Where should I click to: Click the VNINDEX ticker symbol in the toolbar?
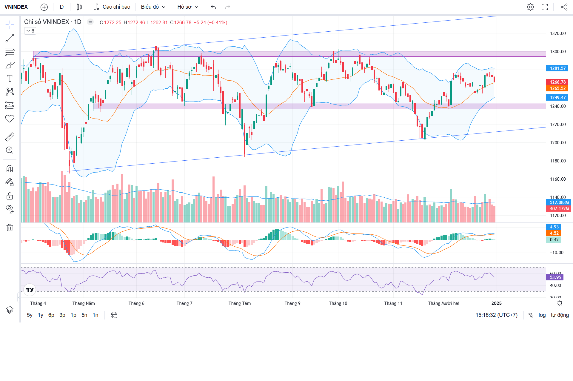pyautogui.click(x=16, y=7)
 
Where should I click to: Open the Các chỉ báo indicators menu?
pyautogui.click(x=112, y=7)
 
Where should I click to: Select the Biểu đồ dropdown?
pyautogui.click(x=153, y=7)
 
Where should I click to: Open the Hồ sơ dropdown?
pyautogui.click(x=188, y=7)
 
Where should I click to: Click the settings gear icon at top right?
pyautogui.click(x=530, y=7)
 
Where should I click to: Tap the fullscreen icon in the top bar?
pyautogui.click(x=545, y=7)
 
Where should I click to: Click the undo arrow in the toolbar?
pyautogui.click(x=213, y=7)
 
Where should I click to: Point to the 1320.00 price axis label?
pyautogui.click(x=558, y=33)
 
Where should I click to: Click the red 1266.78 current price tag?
pyautogui.click(x=557, y=82)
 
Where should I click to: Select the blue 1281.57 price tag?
pyautogui.click(x=557, y=68)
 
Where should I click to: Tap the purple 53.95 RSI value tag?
pyautogui.click(x=555, y=277)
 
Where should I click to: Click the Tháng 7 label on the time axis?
pyautogui.click(x=184, y=303)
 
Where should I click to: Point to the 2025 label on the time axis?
pyautogui.click(x=496, y=303)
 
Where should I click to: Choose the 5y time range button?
pyautogui.click(x=30, y=315)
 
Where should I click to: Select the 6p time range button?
pyautogui.click(x=51, y=315)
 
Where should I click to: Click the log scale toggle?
pyautogui.click(x=542, y=315)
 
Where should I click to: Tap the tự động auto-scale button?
pyautogui.click(x=560, y=315)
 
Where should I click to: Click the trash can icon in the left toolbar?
pyautogui.click(x=10, y=228)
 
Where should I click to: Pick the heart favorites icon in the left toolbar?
pyautogui.click(x=10, y=119)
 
